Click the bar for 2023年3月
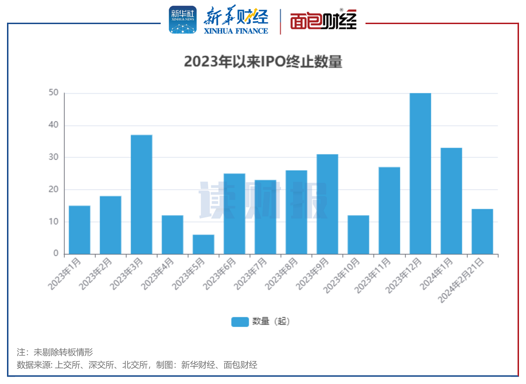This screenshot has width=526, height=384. coord(142,194)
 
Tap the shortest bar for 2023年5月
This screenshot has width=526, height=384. coord(203,244)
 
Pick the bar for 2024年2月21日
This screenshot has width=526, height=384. coord(482,232)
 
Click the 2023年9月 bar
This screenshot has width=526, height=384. coord(327,204)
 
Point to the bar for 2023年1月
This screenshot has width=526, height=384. coord(79,230)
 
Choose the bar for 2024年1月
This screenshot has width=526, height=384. coord(451,201)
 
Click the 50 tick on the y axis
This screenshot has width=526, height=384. coord(53,93)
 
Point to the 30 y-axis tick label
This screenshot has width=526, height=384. coord(53,157)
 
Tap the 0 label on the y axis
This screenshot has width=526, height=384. coord(56,254)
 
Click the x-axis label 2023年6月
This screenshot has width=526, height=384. coord(219,273)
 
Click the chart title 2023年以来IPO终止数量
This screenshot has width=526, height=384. coord(263,62)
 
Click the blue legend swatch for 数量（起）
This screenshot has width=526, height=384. coord(240,322)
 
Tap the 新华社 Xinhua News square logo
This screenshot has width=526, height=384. coord(183,20)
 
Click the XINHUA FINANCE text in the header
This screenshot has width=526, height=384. coord(236,31)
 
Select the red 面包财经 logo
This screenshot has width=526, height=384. coord(323,20)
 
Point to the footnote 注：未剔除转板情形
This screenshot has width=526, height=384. coord(55,352)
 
